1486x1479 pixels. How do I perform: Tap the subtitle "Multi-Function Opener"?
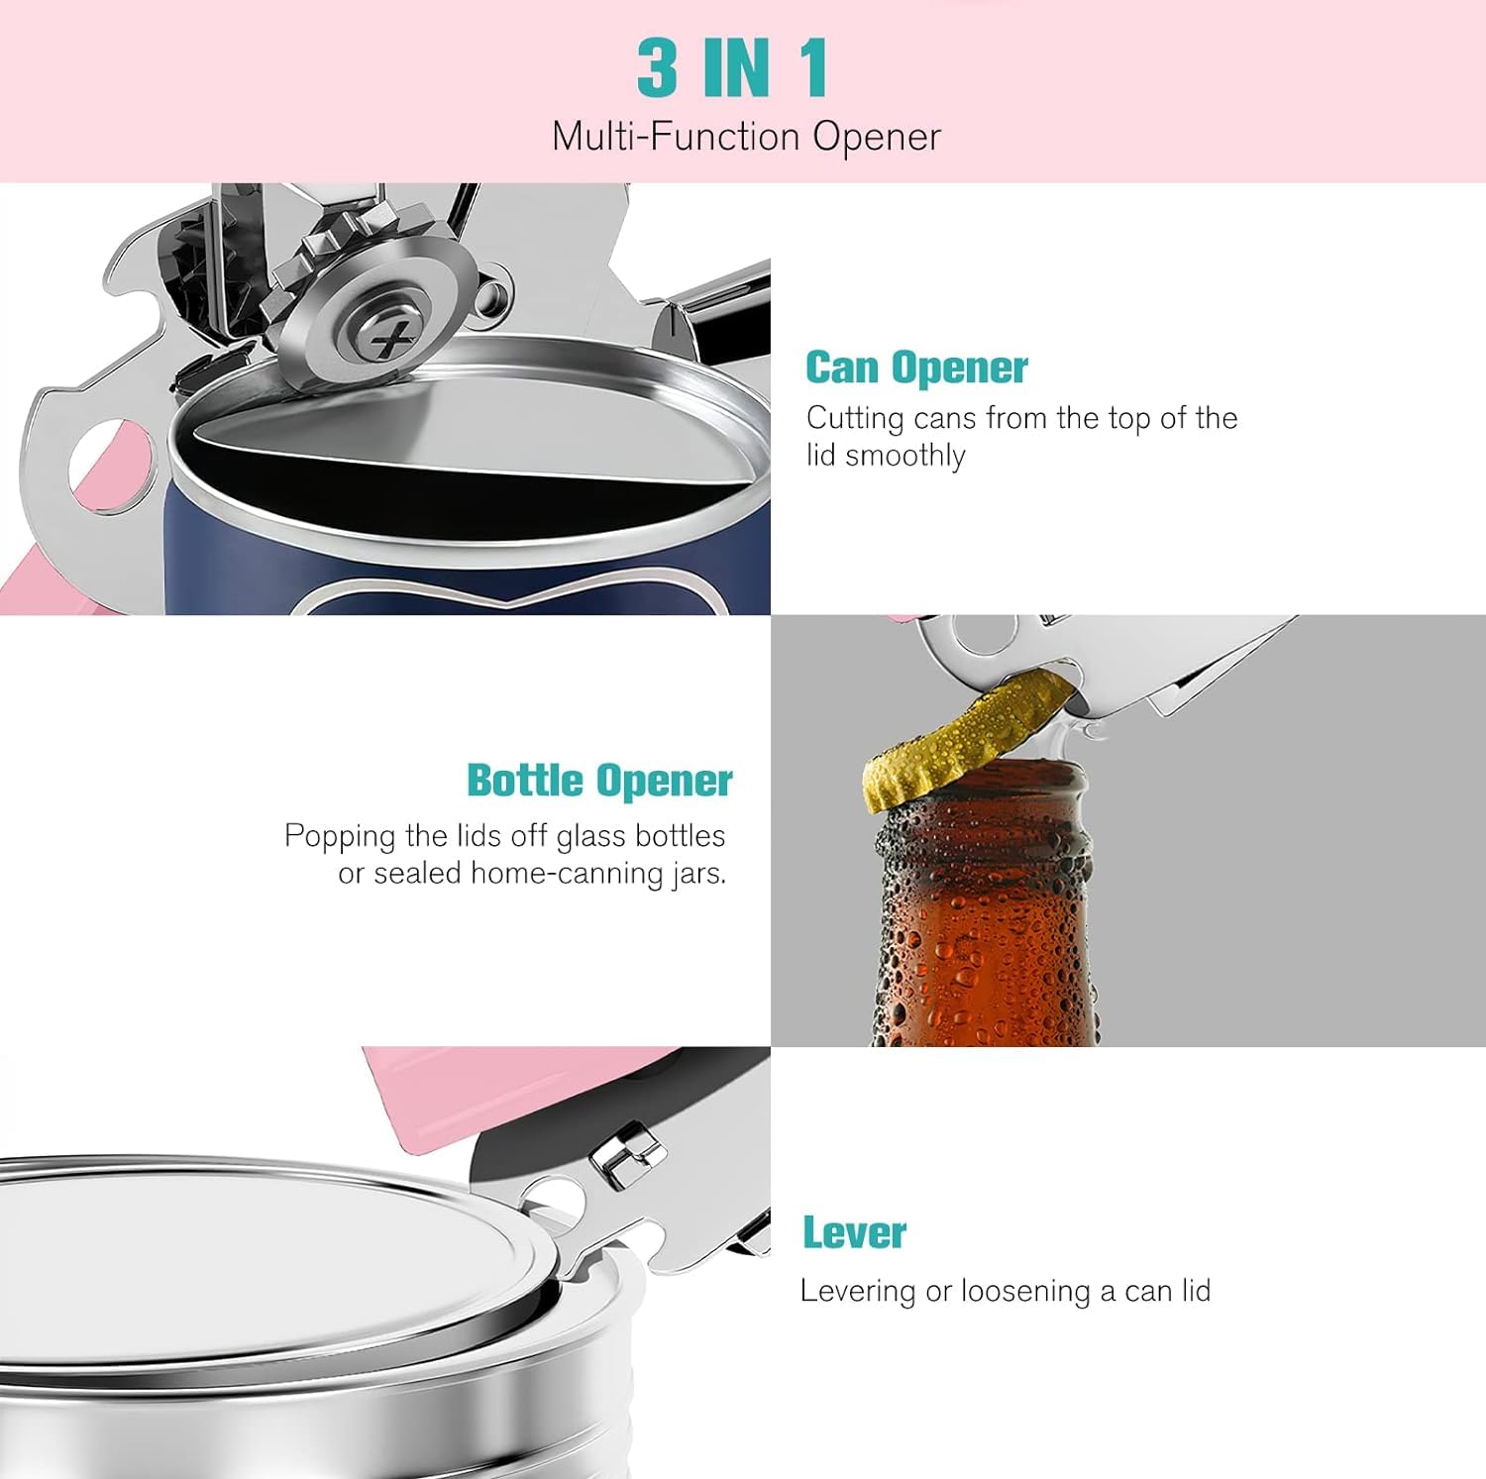pos(745,136)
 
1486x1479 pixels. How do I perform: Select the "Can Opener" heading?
pos(916,368)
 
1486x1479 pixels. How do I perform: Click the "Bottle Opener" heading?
pos(599,781)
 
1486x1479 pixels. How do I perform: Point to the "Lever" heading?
pos(854,1233)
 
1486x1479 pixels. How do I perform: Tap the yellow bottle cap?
pos(966,733)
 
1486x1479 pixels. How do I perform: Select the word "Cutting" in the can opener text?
pos(855,418)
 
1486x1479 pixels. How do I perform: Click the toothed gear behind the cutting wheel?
pos(317,258)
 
